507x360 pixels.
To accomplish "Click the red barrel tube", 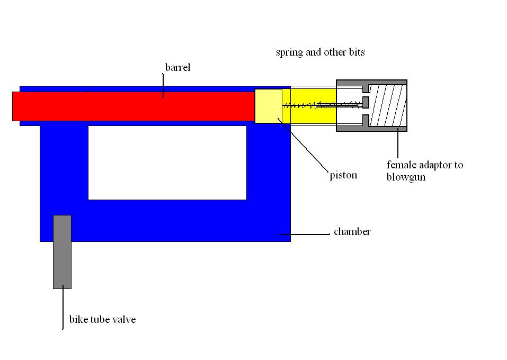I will (x=132, y=106).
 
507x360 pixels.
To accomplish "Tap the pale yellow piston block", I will (x=268, y=105).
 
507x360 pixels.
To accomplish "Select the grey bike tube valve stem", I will (x=62, y=251).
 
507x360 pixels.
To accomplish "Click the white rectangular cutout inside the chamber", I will (x=167, y=162).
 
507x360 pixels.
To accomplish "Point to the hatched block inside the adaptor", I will (x=388, y=105).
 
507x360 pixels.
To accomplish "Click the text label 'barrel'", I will (x=177, y=67).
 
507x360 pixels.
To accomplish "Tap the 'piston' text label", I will (x=343, y=175).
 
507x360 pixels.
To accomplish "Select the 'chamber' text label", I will (x=352, y=232).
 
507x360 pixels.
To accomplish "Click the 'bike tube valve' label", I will (x=102, y=319).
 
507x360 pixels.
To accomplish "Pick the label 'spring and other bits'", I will (x=320, y=52).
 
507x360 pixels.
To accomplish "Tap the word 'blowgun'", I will (x=406, y=177).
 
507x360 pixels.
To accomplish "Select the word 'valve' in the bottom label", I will (x=124, y=319).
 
